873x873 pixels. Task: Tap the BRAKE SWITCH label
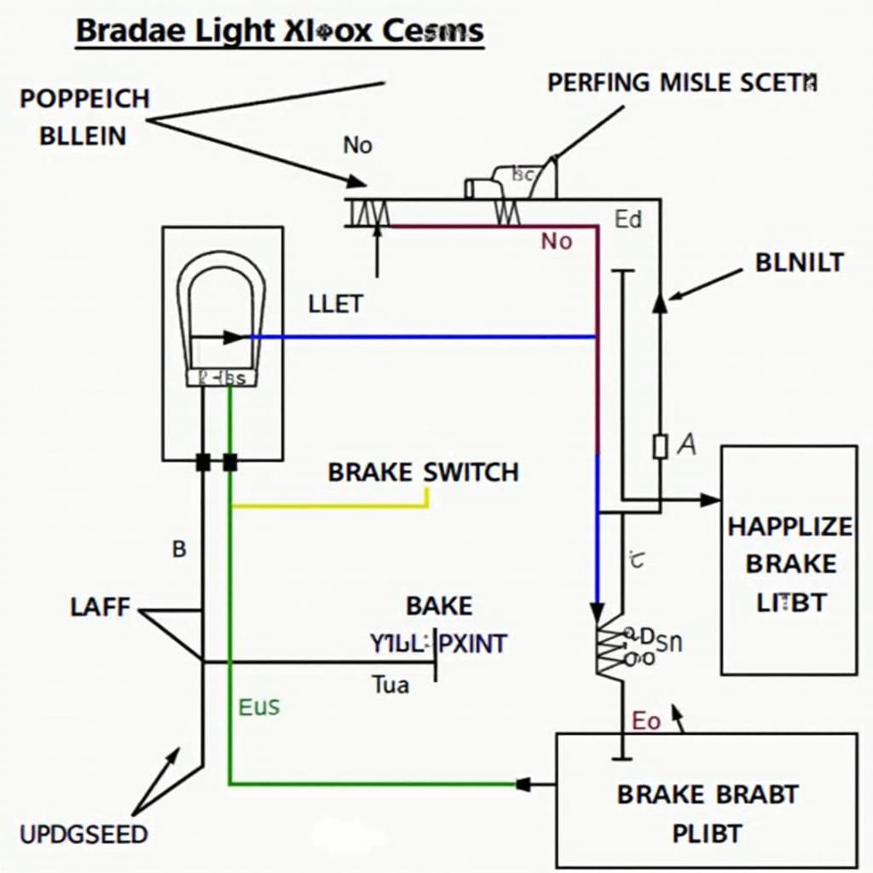[x=423, y=472]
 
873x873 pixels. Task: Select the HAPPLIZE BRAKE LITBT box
[x=789, y=560]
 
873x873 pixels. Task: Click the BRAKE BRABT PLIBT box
[x=706, y=800]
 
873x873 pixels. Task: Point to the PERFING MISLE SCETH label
[x=682, y=83]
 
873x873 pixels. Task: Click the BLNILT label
[x=799, y=263]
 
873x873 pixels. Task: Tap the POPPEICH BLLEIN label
[x=83, y=117]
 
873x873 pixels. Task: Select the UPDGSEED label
[x=83, y=833]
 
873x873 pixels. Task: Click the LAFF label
[x=100, y=607]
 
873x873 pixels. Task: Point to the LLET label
[x=335, y=304]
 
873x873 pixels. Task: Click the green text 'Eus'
[x=258, y=707]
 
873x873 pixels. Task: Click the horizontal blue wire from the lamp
[x=422, y=337]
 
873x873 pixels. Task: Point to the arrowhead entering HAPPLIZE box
[x=710, y=500]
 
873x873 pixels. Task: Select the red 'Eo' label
[x=645, y=721]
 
